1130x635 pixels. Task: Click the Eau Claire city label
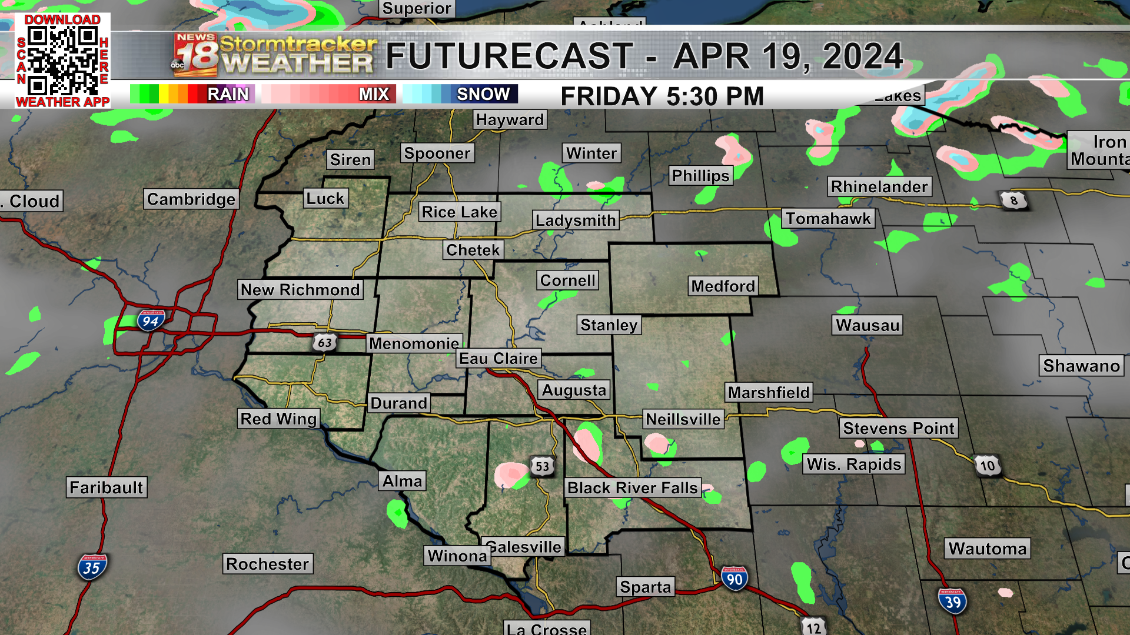click(498, 358)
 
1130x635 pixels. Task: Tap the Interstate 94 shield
click(151, 320)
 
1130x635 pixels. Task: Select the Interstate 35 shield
click(92, 567)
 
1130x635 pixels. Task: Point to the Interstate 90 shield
click(734, 579)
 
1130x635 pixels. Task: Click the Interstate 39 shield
click(952, 601)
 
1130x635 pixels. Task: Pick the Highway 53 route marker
click(542, 467)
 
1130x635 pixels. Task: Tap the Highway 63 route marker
click(324, 342)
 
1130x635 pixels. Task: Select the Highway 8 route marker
click(1013, 200)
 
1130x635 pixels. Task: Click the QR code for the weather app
click(62, 60)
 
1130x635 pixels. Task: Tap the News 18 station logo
click(195, 55)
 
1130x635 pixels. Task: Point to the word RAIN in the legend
click(228, 94)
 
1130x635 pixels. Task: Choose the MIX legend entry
click(374, 94)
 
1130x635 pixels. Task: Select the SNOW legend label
click(483, 94)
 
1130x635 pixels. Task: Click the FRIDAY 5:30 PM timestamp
click(662, 96)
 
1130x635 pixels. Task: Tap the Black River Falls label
click(633, 487)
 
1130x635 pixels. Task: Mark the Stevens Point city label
click(899, 428)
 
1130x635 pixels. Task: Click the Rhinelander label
click(879, 186)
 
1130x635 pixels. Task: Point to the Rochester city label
click(268, 564)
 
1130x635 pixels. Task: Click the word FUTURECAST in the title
click(510, 56)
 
